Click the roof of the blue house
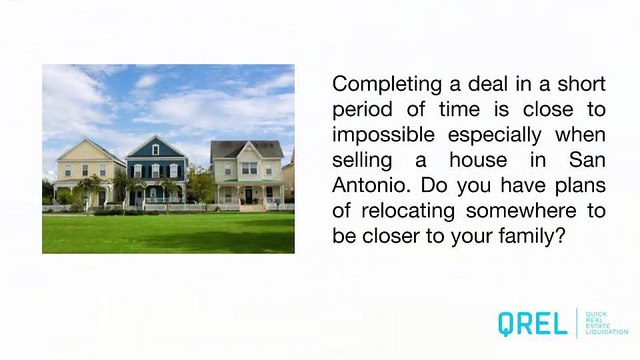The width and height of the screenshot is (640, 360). (x=155, y=147)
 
